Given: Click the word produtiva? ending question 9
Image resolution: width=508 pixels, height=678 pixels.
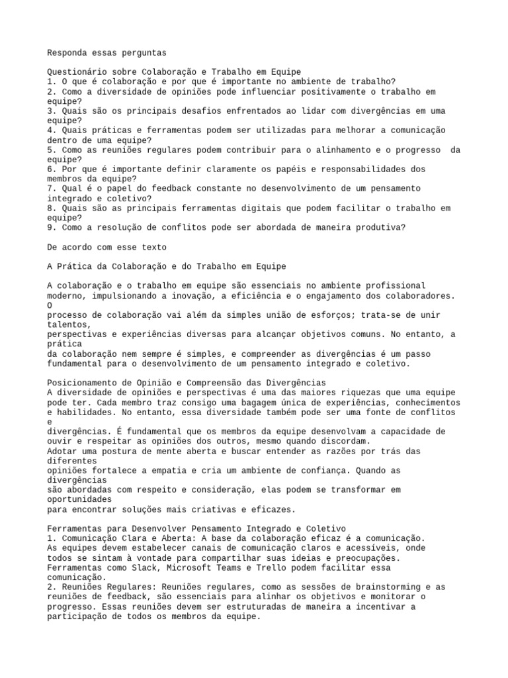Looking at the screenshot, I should click(x=380, y=227).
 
